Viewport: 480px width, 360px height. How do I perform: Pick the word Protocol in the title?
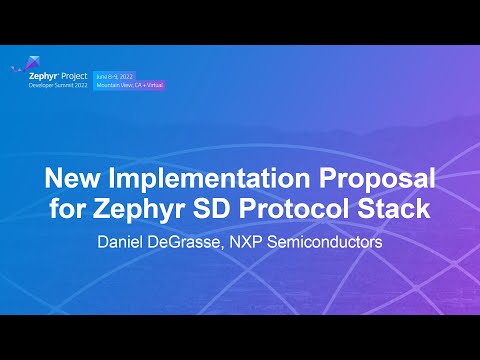click(296, 212)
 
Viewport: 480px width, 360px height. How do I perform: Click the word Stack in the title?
click(393, 212)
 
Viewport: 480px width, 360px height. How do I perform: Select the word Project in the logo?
click(75, 75)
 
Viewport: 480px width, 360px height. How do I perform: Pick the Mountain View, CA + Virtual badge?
click(129, 85)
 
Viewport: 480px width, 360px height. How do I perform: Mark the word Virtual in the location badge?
click(152, 85)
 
